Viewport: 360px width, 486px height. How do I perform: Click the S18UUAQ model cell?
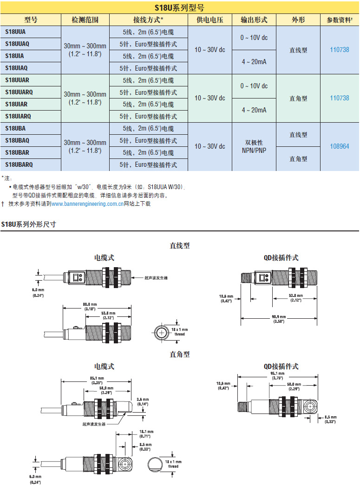pos(17,44)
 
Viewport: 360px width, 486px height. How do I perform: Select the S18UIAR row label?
pos(16,104)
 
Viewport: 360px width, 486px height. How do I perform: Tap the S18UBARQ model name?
pos(19,164)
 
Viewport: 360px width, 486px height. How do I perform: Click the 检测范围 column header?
pos(85,20)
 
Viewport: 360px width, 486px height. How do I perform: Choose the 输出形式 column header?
pos(254,20)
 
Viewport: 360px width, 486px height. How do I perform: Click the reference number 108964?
pos(340,146)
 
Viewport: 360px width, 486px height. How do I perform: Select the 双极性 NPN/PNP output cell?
pos(254,146)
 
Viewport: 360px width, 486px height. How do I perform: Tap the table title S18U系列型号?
pos(179,7)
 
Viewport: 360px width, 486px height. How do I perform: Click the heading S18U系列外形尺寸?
pos(28,224)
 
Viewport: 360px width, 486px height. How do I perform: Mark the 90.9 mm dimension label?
pos(279,319)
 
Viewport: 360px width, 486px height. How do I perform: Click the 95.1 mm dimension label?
pos(277,374)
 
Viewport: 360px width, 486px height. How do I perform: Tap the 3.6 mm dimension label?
pos(143,401)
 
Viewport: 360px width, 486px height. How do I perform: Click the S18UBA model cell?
pos(15,128)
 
